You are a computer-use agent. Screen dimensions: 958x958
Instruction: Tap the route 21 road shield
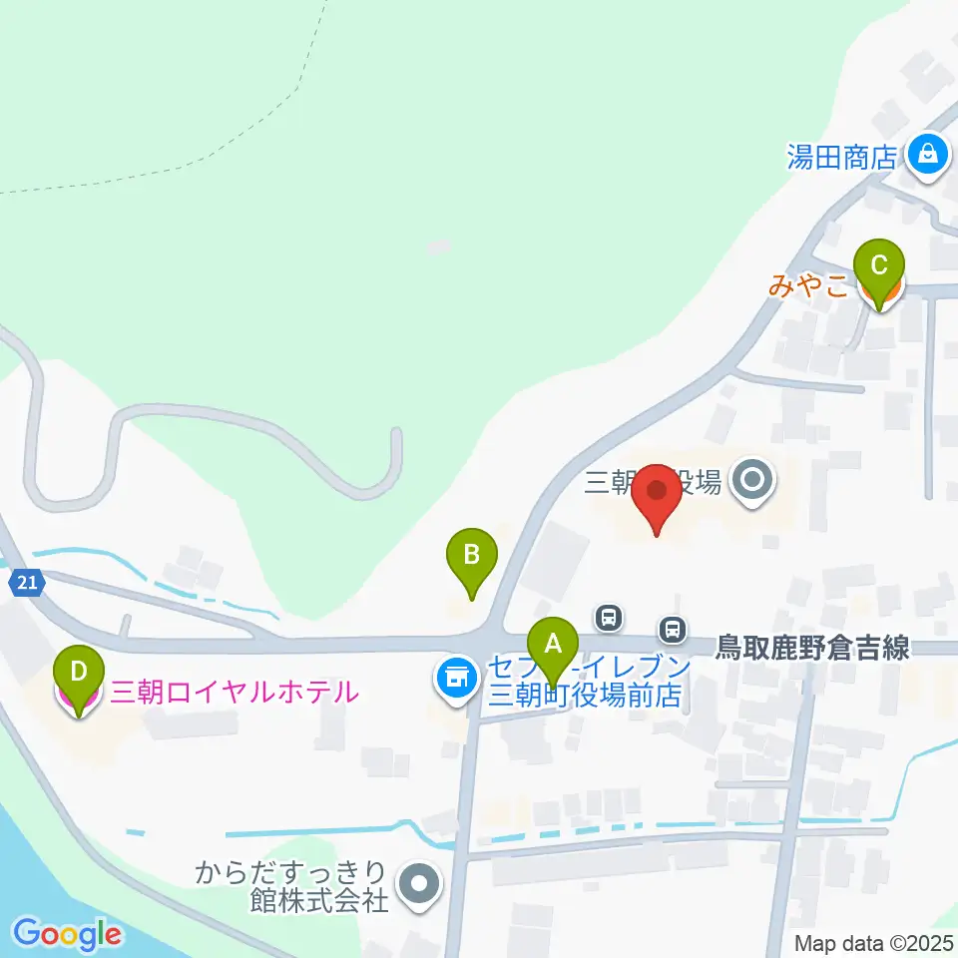28,583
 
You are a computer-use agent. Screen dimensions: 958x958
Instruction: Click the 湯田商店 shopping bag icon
928,155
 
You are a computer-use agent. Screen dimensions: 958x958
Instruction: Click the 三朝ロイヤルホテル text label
234,691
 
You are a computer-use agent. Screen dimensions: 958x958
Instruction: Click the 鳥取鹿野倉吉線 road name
813,648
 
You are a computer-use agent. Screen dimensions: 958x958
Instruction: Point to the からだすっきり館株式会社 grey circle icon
418,883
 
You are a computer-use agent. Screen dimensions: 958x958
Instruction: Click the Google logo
67,934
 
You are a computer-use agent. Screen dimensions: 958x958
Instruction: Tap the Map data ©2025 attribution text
874,943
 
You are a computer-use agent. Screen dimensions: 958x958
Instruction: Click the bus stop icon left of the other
608,616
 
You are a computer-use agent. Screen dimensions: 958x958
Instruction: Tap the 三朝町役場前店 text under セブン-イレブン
584,694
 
